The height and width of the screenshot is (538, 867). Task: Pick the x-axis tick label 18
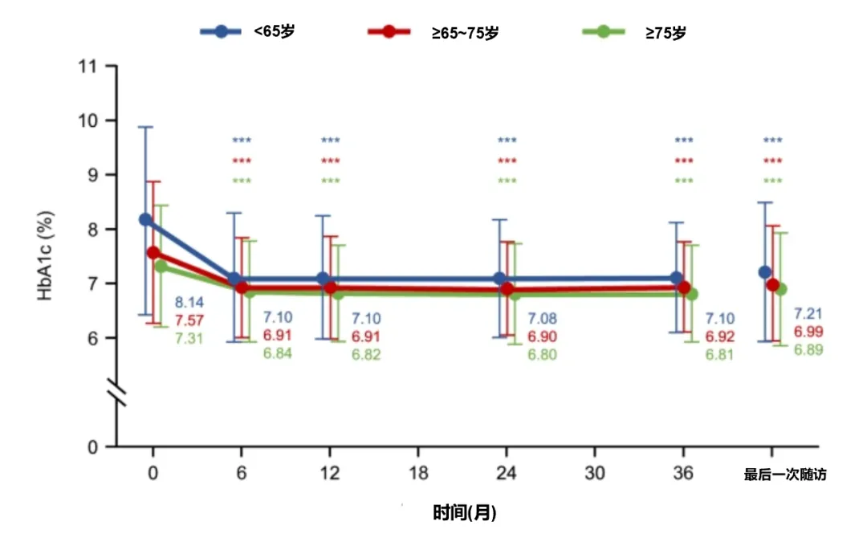[417, 474]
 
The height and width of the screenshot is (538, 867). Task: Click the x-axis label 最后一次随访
[785, 475]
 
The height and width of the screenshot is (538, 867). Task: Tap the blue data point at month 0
[146, 219]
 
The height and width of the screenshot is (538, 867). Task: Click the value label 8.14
[189, 303]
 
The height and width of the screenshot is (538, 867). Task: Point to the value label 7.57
[189, 320]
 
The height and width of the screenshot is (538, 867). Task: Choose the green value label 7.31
[189, 338]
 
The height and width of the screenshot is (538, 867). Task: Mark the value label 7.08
[542, 320]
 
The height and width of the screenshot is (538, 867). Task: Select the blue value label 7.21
[808, 314]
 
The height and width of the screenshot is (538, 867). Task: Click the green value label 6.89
[808, 349]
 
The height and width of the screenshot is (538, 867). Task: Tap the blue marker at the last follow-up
[764, 272]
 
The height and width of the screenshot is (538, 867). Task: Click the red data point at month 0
[153, 253]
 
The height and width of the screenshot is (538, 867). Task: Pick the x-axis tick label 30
[594, 474]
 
